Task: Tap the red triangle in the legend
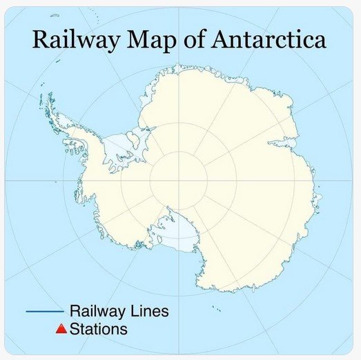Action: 61,330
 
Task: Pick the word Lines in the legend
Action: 150,312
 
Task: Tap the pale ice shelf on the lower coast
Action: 181,239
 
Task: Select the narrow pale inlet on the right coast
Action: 286,143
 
